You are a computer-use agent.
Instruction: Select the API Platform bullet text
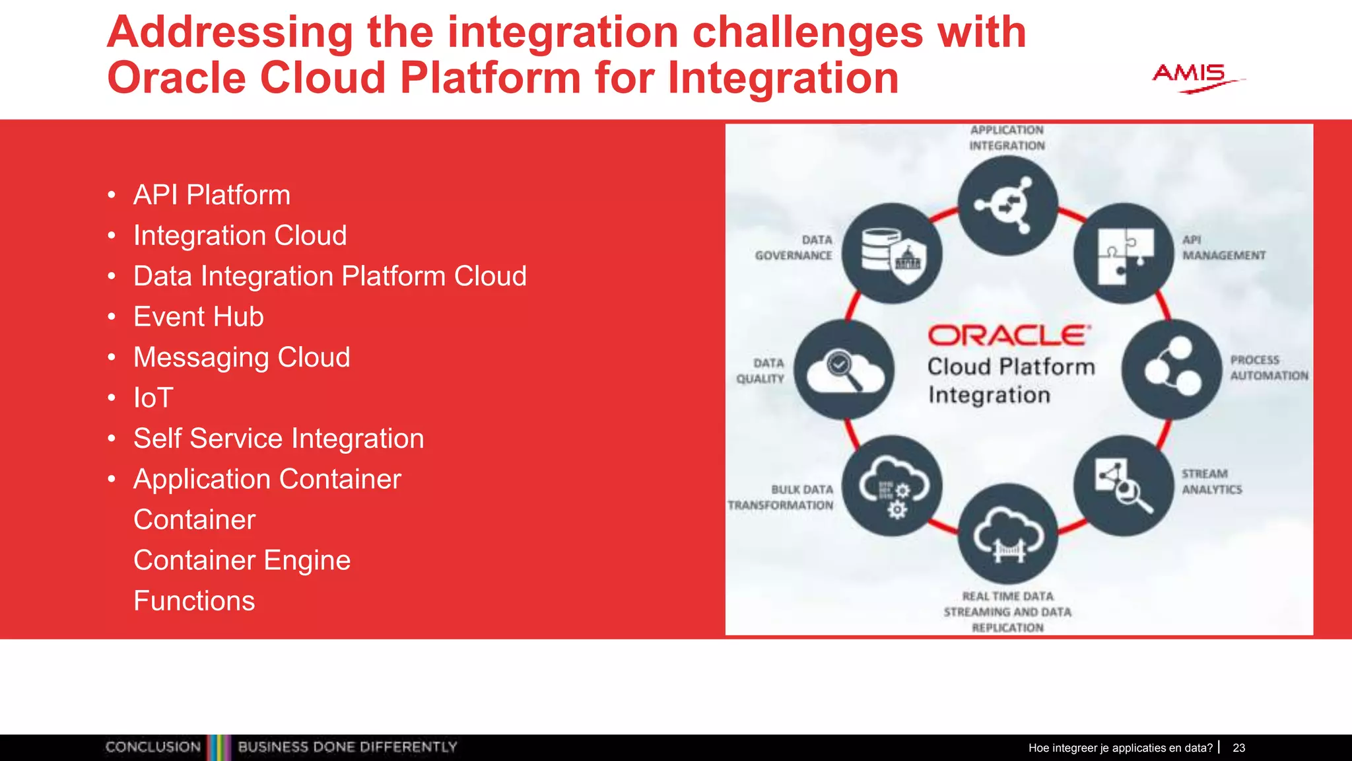211,195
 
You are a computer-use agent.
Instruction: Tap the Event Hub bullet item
198,317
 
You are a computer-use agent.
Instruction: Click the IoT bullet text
153,398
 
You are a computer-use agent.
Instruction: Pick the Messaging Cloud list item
241,357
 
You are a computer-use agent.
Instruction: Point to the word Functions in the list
194,601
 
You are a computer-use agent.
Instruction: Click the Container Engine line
242,561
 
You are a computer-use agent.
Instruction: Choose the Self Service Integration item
278,439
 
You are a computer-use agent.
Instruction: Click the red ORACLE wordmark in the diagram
1008,336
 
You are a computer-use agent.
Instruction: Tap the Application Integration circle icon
1007,205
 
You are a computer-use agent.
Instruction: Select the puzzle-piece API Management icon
1124,254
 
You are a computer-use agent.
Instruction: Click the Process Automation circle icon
1171,369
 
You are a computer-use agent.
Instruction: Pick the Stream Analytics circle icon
1124,486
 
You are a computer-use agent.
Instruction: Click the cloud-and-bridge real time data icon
1007,534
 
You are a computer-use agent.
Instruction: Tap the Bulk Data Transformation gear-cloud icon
893,486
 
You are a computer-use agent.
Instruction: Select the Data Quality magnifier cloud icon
844,369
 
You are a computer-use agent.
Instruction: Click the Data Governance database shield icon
893,254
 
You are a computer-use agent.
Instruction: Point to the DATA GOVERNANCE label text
794,248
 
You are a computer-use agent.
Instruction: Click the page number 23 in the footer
1238,748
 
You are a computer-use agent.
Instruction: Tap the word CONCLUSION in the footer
153,747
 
